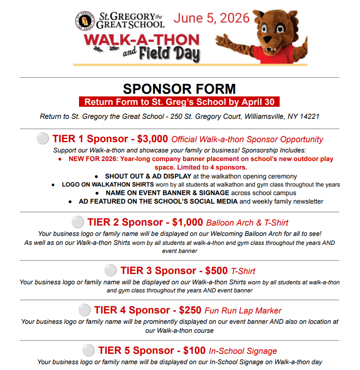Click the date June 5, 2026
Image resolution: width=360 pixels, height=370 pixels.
tap(211, 18)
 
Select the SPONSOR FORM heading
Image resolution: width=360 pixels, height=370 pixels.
tap(179, 88)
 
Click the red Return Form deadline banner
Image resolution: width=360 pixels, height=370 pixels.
tap(179, 102)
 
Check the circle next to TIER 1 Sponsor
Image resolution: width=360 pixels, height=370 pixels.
tap(43, 139)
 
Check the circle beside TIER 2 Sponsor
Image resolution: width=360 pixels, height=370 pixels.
tap(78, 222)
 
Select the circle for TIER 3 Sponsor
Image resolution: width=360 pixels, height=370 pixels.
tap(110, 270)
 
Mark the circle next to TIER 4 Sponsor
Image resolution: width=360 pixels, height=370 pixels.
tap(84, 310)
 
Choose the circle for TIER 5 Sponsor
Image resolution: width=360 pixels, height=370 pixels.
tap(89, 350)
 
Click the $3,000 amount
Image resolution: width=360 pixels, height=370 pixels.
tap(153, 139)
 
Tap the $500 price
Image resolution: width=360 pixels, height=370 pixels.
tap(216, 270)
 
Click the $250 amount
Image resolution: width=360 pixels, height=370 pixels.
tap(190, 310)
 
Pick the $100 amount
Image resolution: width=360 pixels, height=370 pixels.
tap(194, 350)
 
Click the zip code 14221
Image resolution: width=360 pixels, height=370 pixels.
tap(309, 117)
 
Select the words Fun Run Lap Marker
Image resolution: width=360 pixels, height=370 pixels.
tap(243, 310)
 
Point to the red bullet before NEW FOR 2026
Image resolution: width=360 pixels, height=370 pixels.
tap(60, 159)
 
